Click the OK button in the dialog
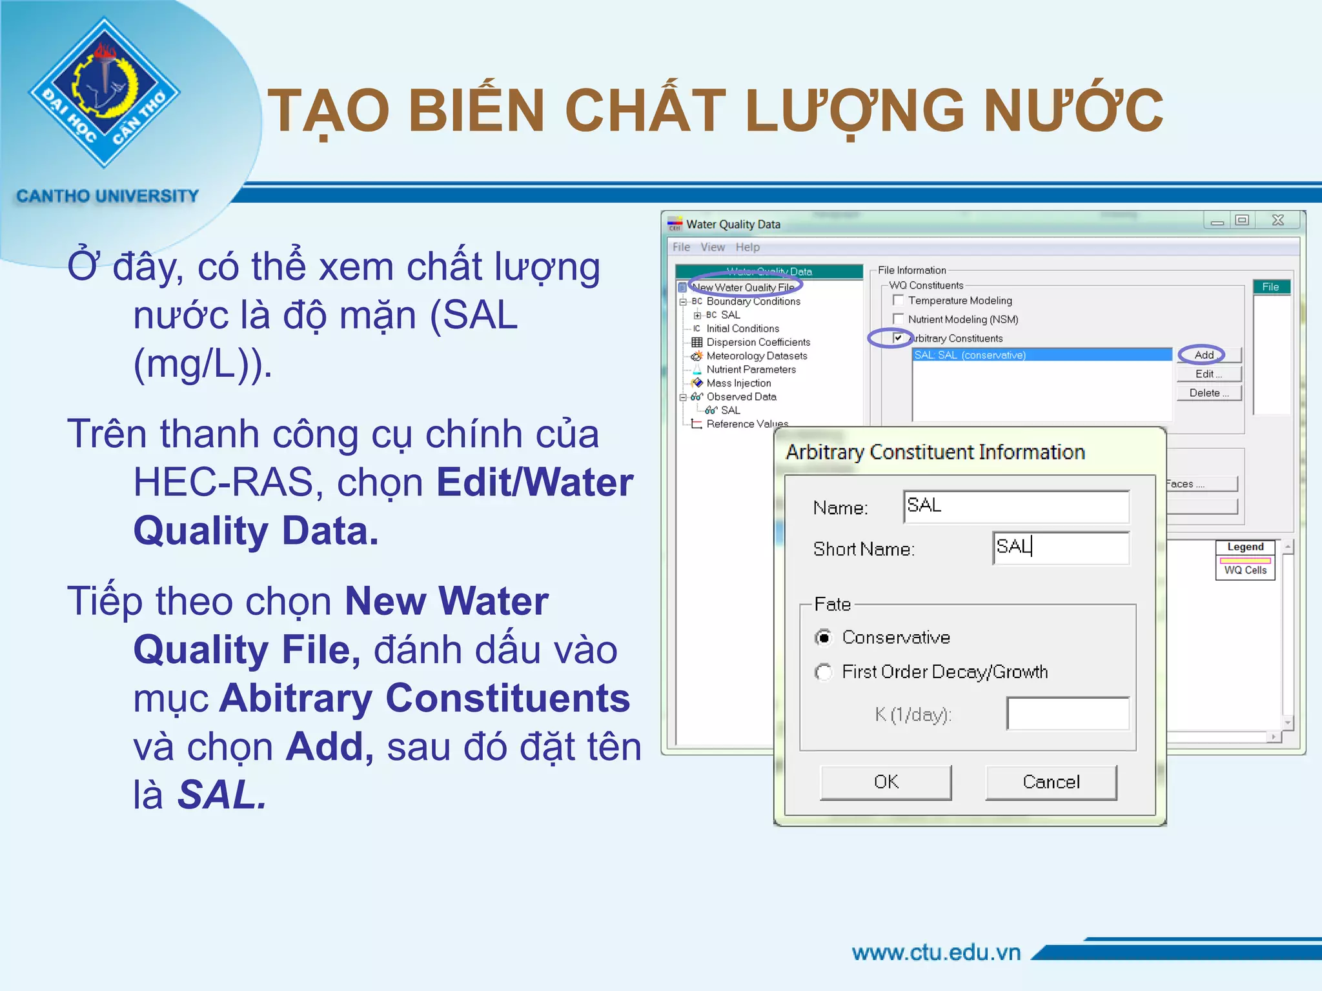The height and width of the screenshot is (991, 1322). click(x=886, y=782)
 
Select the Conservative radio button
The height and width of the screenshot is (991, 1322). click(x=824, y=637)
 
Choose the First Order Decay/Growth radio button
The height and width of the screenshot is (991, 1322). click(x=824, y=672)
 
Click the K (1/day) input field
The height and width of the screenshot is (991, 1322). click(x=1068, y=714)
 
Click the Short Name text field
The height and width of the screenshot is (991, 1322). click(x=1061, y=548)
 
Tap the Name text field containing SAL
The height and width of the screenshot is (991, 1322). click(x=1016, y=506)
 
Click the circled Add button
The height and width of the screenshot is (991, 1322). click(x=1204, y=355)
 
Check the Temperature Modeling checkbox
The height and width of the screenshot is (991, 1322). click(x=898, y=300)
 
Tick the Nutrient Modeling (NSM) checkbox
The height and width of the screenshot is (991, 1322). click(x=898, y=319)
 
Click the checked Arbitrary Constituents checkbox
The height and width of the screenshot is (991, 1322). click(x=898, y=337)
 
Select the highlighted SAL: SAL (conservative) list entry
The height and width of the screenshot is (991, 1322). click(x=1041, y=355)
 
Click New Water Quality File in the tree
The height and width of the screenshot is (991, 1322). click(x=743, y=287)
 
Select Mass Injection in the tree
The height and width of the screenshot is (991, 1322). click(x=738, y=383)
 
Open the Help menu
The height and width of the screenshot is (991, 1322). click(x=747, y=247)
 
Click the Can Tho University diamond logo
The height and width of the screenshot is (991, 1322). click(x=104, y=92)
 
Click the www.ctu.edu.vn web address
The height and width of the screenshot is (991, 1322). click(x=936, y=952)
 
